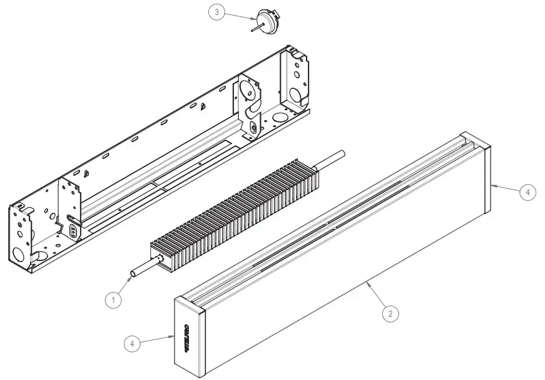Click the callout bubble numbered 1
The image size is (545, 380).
[113, 300]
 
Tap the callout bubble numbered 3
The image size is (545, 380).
[216, 13]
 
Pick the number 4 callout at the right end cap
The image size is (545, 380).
[527, 192]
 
